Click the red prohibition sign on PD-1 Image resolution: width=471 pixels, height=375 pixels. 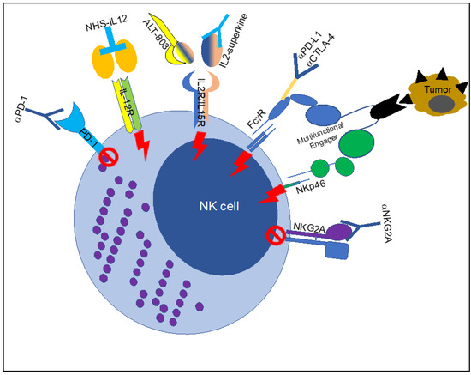point(109,157)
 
